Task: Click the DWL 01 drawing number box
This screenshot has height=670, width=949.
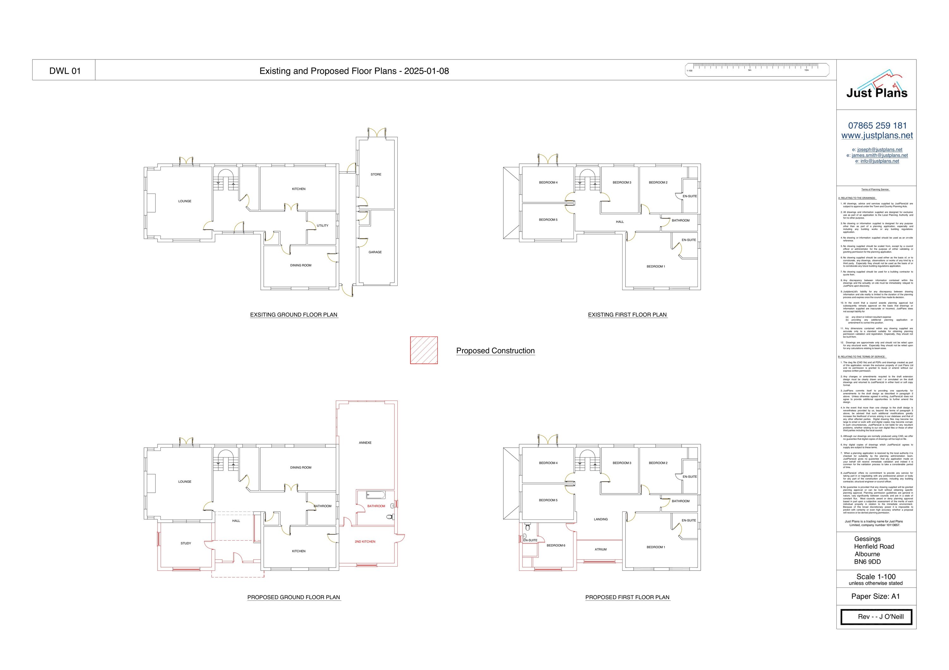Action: [x=65, y=71]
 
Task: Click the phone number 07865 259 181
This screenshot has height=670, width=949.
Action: [x=877, y=126]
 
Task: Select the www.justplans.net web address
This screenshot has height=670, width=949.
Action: [x=877, y=136]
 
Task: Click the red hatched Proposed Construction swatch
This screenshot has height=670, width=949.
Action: [x=424, y=350]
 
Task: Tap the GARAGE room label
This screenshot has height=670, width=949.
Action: [x=375, y=252]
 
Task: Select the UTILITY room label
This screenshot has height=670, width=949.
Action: [x=322, y=225]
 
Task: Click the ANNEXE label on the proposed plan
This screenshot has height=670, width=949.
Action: [x=365, y=443]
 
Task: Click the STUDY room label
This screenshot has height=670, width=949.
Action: [x=186, y=543]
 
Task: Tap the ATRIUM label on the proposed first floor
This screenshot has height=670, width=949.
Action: [x=601, y=550]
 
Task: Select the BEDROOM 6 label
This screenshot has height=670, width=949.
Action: [x=555, y=545]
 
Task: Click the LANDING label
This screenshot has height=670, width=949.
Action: [x=601, y=519]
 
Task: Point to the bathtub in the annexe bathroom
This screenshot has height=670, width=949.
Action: [x=376, y=495]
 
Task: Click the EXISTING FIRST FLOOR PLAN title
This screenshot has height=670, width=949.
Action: [x=627, y=315]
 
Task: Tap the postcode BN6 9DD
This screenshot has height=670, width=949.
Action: [x=867, y=562]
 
